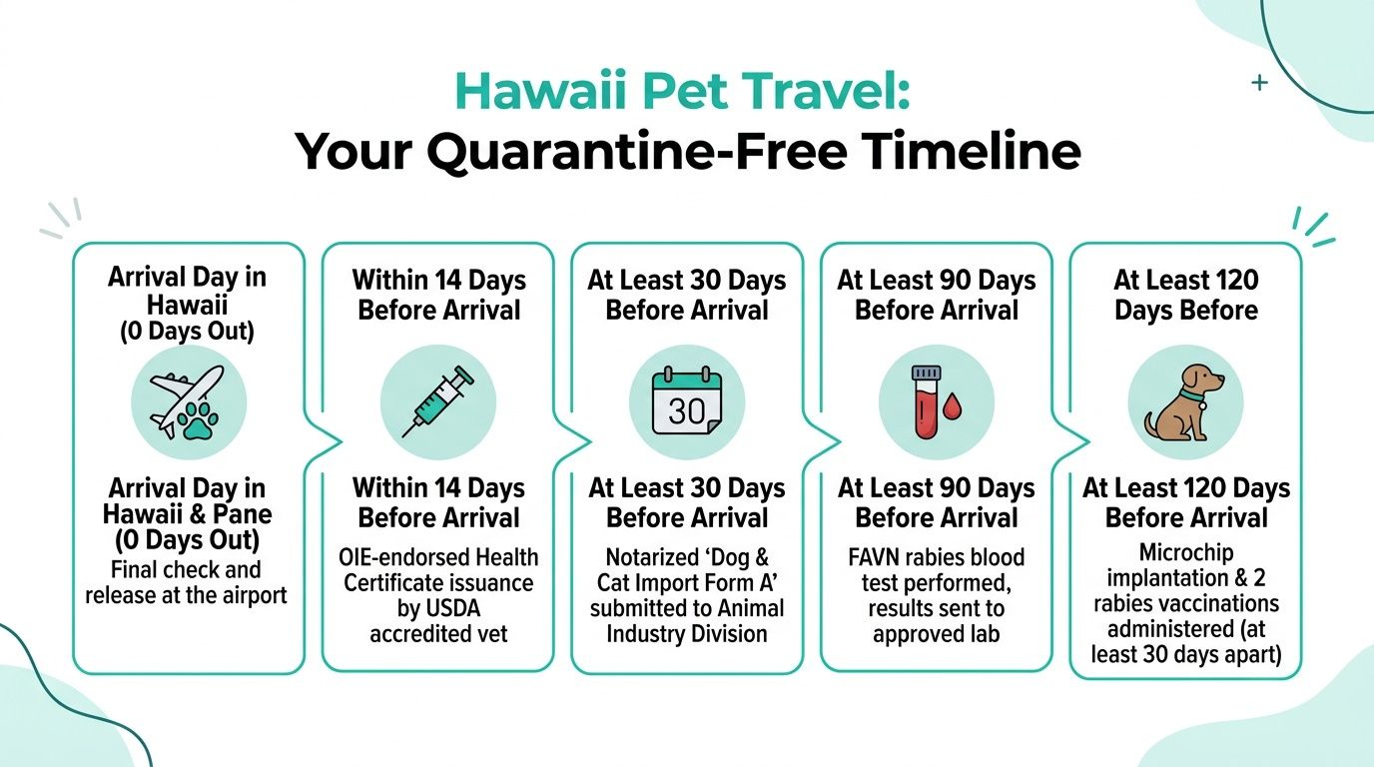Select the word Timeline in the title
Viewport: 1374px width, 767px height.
click(x=972, y=152)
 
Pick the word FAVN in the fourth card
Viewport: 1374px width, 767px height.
click(x=874, y=556)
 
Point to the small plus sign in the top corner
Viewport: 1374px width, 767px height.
click(x=1259, y=83)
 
